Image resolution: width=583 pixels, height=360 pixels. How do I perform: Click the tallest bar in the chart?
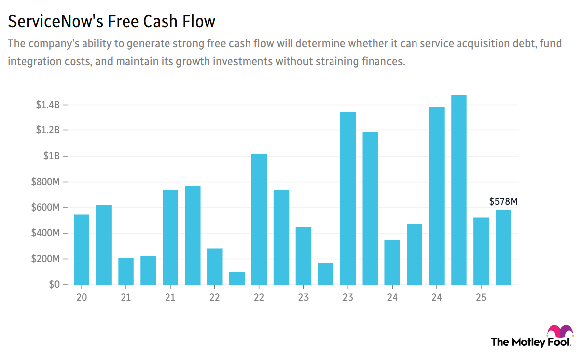pyautogui.click(x=459, y=190)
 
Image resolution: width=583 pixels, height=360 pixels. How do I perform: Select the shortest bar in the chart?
pyautogui.click(x=237, y=278)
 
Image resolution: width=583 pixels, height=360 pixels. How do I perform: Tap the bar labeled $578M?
pyautogui.click(x=503, y=247)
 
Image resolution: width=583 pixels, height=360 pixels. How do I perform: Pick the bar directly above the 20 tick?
pyautogui.click(x=82, y=249)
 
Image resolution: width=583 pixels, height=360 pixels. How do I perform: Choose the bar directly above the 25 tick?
pyautogui.click(x=481, y=251)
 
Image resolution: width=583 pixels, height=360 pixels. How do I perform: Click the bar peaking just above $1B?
pyautogui.click(x=259, y=219)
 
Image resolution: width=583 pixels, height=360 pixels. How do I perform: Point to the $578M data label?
pyautogui.click(x=503, y=201)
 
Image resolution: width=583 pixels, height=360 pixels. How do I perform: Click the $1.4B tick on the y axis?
pyautogui.click(x=47, y=105)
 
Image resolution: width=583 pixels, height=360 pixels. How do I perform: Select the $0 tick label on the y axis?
pyautogui.click(x=53, y=285)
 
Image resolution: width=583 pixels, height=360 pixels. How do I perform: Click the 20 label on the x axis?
pyautogui.click(x=82, y=298)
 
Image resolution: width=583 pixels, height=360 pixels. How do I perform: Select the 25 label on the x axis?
pyautogui.click(x=481, y=298)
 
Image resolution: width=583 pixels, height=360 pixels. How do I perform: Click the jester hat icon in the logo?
pyautogui.click(x=560, y=331)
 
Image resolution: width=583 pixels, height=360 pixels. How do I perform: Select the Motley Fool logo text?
pyautogui.click(x=530, y=342)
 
